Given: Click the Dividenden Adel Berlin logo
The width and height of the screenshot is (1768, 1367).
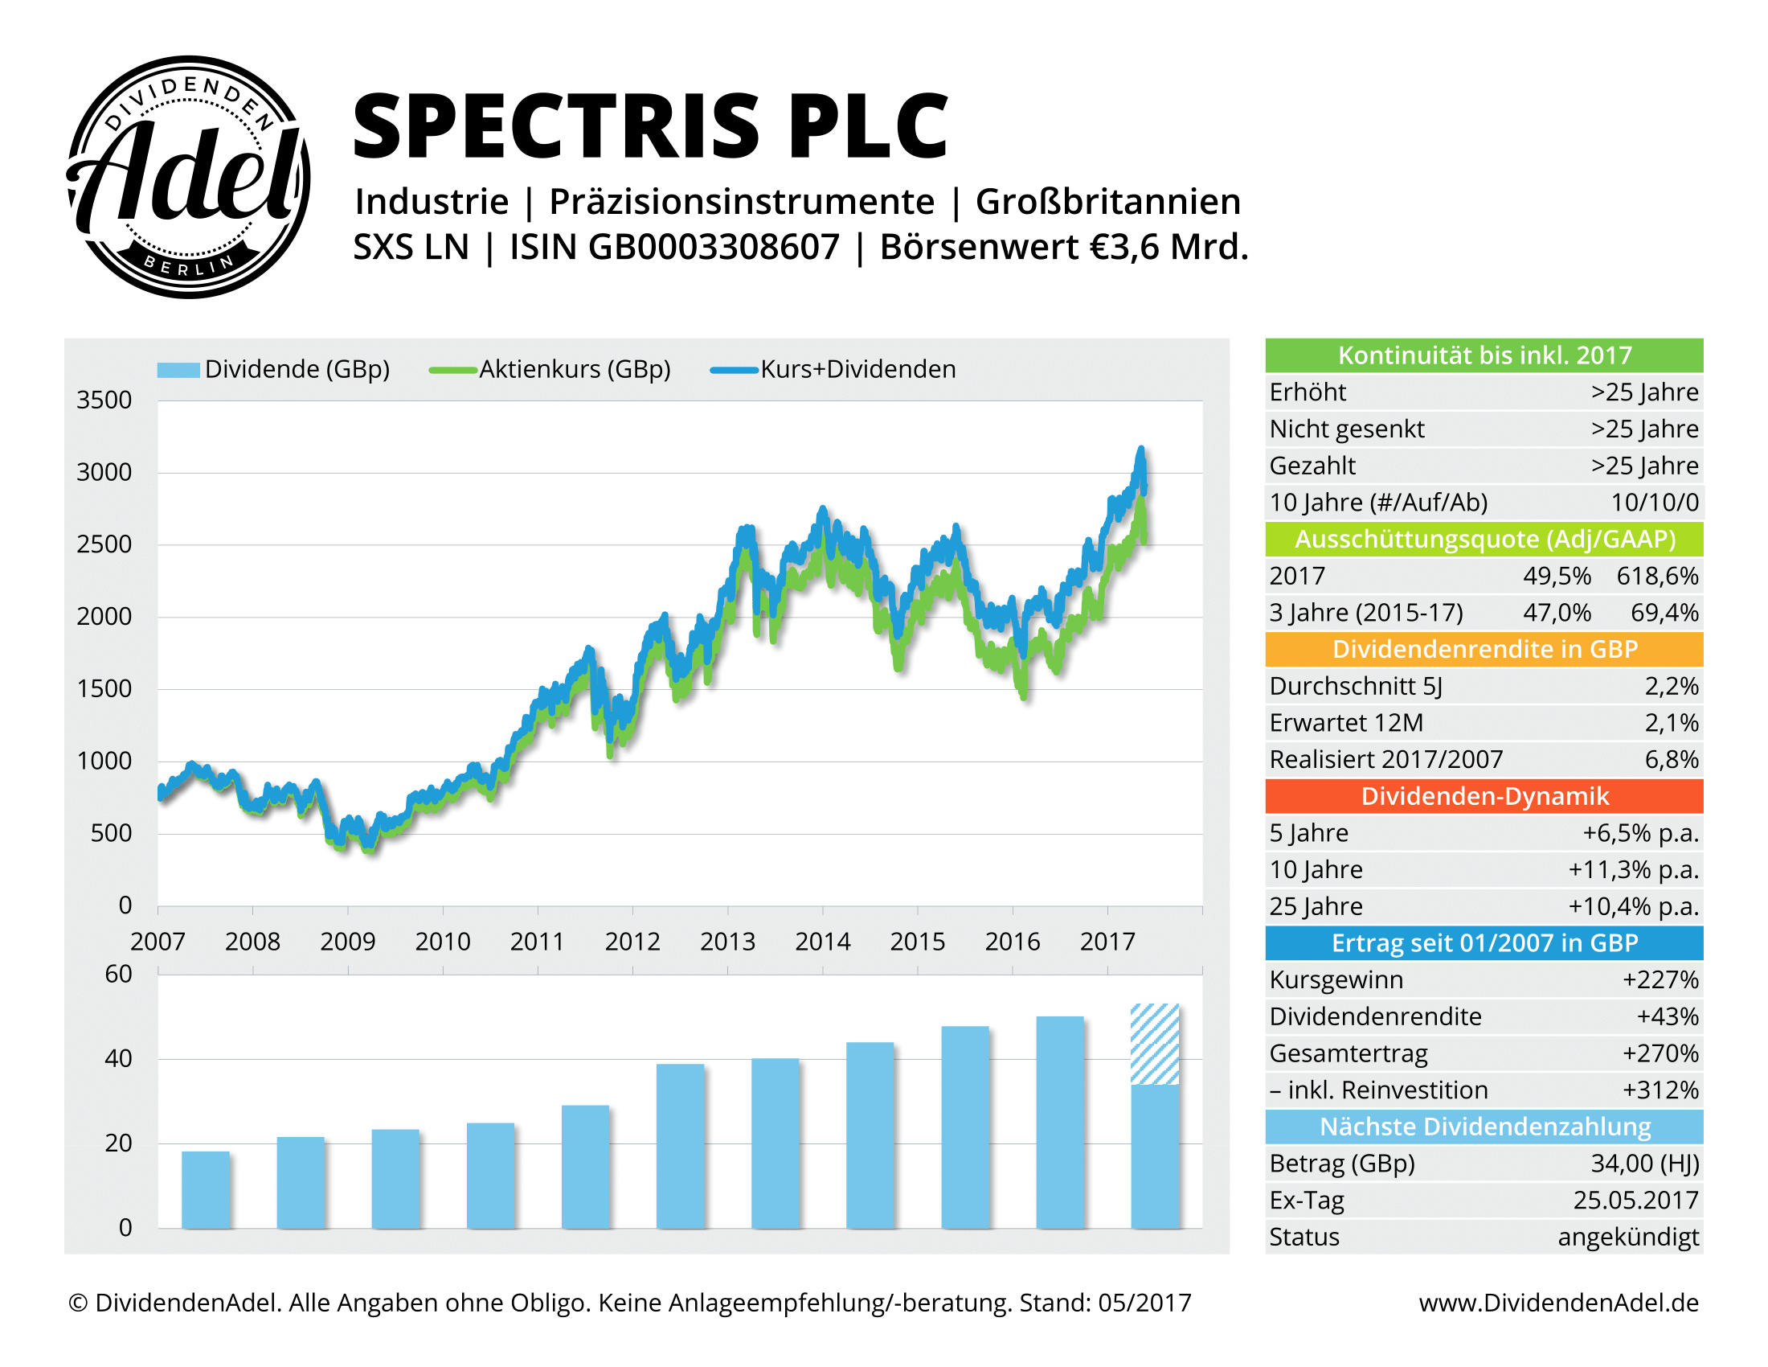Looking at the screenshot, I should click(188, 177).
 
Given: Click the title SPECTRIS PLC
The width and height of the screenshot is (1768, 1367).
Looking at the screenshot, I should click(650, 126).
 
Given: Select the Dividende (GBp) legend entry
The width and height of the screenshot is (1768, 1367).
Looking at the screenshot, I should click(273, 369).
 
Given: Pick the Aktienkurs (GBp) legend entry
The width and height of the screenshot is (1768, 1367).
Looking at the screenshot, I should click(550, 369).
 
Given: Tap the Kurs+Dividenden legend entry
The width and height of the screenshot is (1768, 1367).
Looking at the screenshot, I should click(834, 369).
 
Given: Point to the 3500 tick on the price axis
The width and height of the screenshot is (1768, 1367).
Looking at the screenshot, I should click(104, 400).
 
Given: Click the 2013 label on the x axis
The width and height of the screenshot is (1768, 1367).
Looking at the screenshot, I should click(727, 941).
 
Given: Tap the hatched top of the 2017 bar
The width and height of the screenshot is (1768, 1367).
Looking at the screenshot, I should click(1154, 1043).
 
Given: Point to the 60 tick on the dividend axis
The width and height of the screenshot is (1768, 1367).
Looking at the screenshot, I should click(118, 975).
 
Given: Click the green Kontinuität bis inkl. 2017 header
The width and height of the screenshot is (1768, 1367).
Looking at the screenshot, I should click(1484, 355).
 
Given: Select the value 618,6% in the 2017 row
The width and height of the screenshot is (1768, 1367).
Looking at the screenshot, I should click(1657, 576).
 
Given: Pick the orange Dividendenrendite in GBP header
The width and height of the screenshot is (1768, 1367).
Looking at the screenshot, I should click(1484, 650).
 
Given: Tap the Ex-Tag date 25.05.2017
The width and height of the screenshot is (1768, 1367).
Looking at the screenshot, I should click(1635, 1201).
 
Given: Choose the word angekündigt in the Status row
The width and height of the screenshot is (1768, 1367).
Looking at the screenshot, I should click(1628, 1237).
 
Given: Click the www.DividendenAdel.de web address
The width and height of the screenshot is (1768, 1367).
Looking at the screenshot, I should click(1558, 1302).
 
